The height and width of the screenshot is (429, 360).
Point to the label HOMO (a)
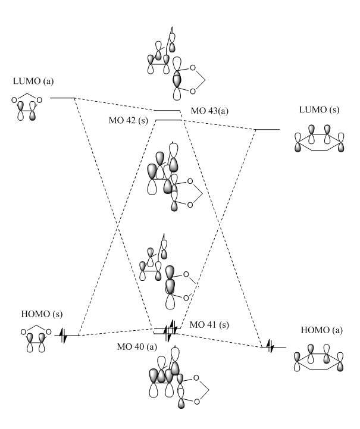(315, 329)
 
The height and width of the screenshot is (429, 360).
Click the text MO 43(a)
(209, 111)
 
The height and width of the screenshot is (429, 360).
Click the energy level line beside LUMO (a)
(62, 97)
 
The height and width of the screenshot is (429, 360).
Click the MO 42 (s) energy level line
(168, 120)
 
